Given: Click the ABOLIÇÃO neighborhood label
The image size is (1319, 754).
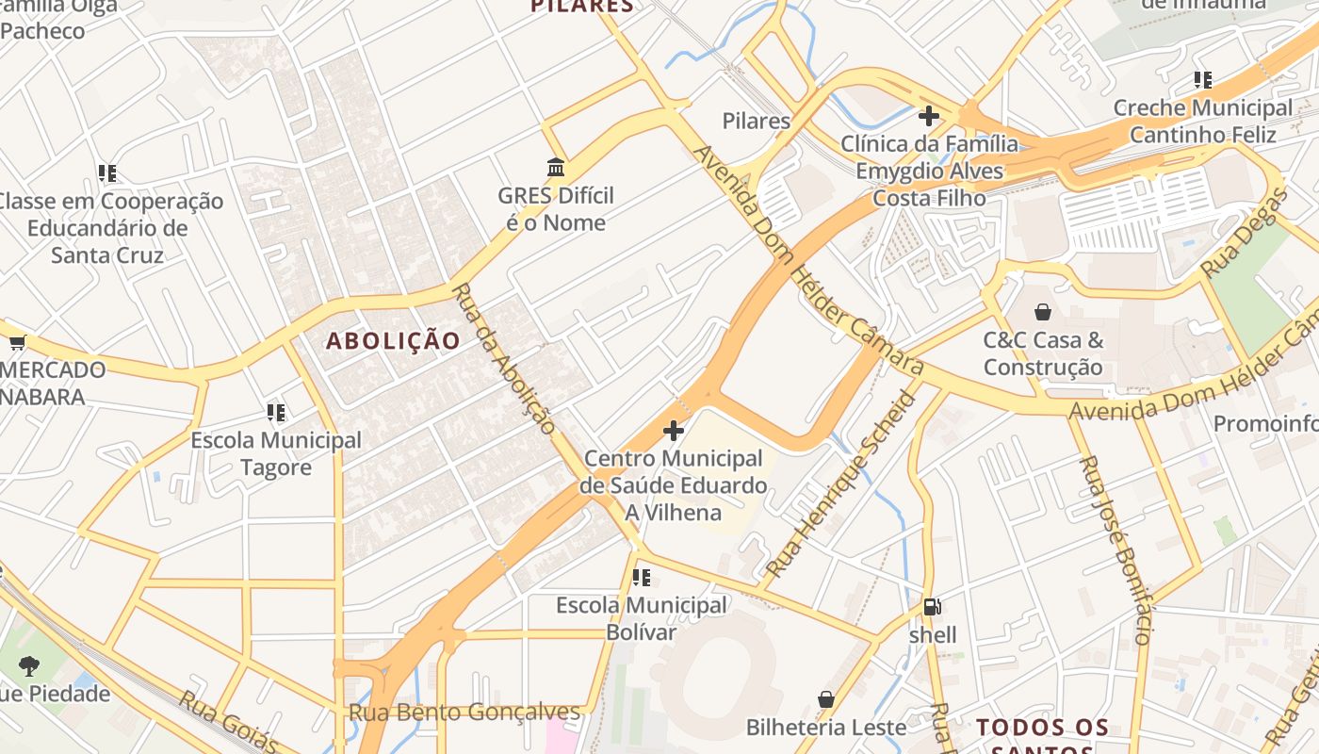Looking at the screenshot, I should (x=393, y=340).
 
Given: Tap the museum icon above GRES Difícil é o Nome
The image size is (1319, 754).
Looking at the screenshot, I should (x=556, y=168).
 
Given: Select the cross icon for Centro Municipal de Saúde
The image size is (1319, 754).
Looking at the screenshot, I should (x=673, y=431).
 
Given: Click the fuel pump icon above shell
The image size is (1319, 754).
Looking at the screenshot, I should (x=932, y=607).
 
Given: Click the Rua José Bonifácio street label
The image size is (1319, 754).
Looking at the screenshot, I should (x=1115, y=549).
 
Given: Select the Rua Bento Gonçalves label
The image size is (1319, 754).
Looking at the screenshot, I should (x=464, y=713).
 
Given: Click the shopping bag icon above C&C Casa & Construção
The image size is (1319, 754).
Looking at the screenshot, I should (x=1043, y=311).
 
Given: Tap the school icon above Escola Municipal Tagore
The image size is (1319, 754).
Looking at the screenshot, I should (x=275, y=412).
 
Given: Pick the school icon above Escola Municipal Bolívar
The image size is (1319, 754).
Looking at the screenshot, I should (x=642, y=577).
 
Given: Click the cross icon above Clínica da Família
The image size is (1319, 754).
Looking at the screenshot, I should (x=929, y=116).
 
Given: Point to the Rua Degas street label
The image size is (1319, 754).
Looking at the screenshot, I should (x=1245, y=232).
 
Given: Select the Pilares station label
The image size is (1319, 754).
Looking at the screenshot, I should (x=756, y=121).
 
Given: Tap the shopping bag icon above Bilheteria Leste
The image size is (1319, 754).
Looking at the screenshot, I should (x=826, y=699).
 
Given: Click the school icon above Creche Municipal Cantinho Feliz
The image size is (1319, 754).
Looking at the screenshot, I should (x=1202, y=80).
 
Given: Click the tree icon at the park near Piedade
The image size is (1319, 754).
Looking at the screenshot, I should (x=29, y=665).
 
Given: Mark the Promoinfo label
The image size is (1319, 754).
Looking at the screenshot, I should (x=1265, y=423).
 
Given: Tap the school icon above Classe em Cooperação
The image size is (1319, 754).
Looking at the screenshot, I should (x=107, y=173).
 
